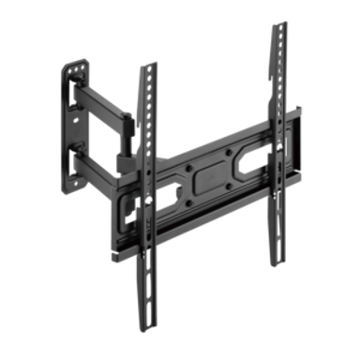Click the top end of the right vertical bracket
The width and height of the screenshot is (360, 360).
coord(279,25)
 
